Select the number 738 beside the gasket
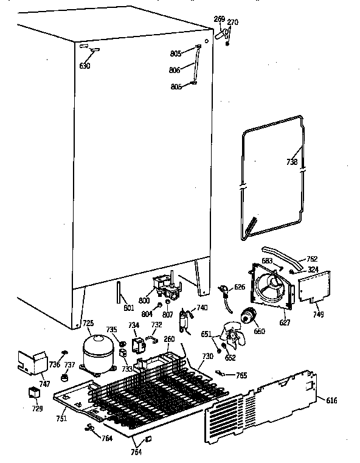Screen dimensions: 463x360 (292, 162)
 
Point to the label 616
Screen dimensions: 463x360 (331, 400)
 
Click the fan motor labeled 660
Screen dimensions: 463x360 (247, 316)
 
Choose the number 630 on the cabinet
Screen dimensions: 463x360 (85, 65)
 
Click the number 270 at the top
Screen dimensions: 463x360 (233, 22)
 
